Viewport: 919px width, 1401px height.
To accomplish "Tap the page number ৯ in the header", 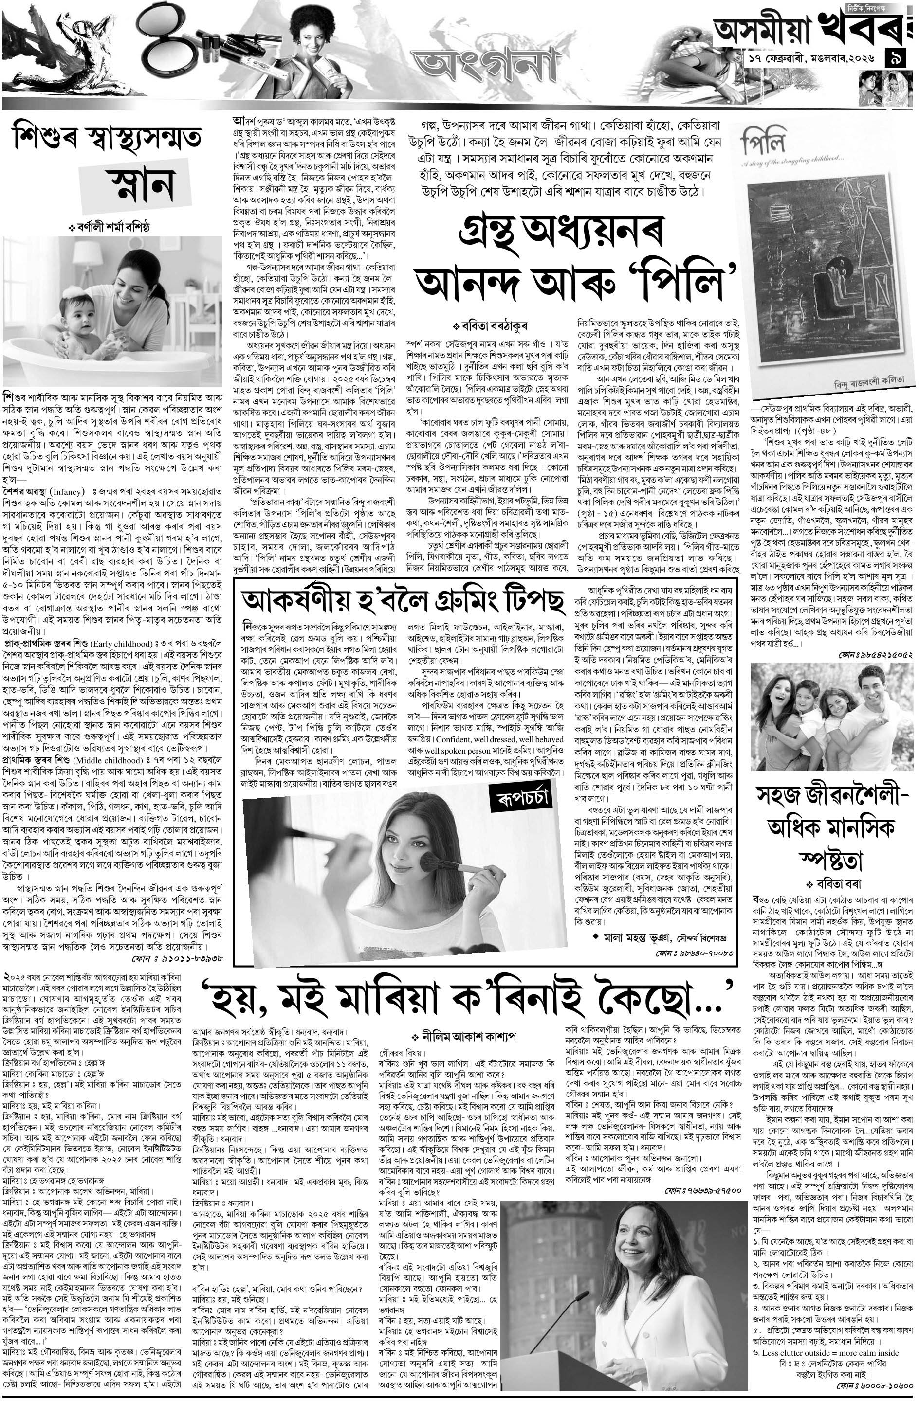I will [900, 59].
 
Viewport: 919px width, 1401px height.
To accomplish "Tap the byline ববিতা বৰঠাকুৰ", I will [491, 325].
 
